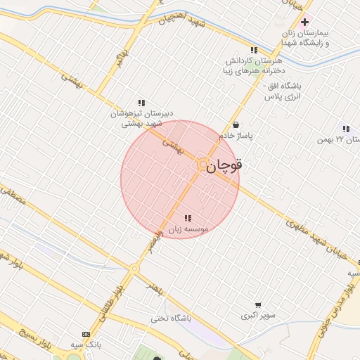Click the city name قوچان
pos(226,166)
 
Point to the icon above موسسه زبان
pos(187,218)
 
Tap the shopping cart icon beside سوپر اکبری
pos(258,305)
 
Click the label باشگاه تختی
pos(170,319)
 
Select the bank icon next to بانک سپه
pos(86,334)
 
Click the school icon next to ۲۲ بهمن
pos(345,129)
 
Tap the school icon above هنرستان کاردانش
pos(254,51)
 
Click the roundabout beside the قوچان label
pos(202,165)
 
